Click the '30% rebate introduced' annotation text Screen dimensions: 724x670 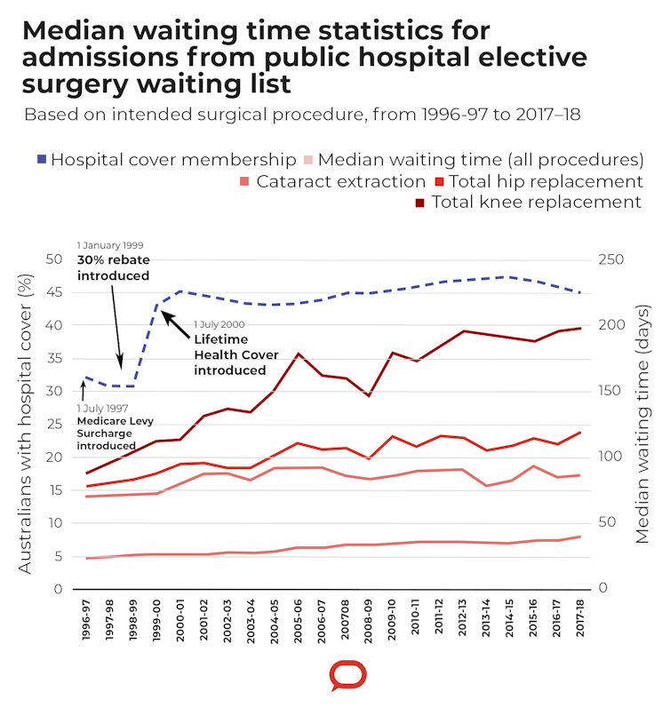(x=113, y=267)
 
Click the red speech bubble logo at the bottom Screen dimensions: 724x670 (x=347, y=675)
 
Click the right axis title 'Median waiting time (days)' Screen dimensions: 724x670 (x=643, y=424)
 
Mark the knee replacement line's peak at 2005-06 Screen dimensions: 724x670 (x=299, y=354)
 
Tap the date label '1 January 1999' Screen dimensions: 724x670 (x=110, y=245)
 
